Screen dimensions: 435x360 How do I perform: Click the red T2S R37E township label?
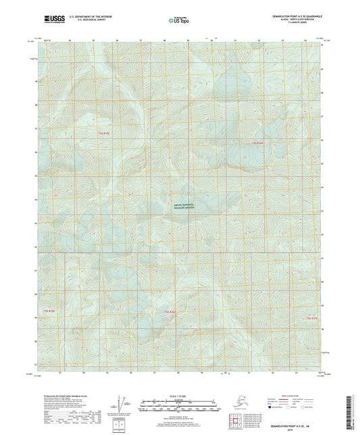[312, 318]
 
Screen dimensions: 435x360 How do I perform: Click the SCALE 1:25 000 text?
[179, 396]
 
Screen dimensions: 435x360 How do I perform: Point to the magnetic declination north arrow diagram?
[122, 406]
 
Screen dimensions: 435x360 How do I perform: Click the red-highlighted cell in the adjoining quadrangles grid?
[238, 422]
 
